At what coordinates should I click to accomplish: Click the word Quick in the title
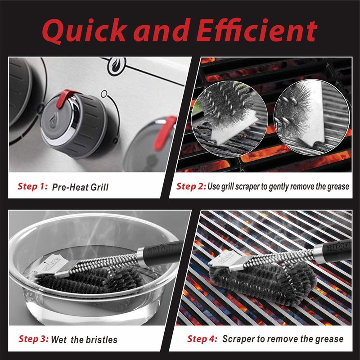coord(85,31)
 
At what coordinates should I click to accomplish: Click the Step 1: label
coord(32,186)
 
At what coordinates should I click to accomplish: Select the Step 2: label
coord(191,186)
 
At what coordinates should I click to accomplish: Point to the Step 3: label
coord(33,339)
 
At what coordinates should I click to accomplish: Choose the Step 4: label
coord(202,339)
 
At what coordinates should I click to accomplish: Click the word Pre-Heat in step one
coord(70,187)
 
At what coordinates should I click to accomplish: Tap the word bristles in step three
coord(100,340)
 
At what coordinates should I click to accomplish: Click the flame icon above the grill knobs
coord(117,66)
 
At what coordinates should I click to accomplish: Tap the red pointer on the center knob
coord(65,98)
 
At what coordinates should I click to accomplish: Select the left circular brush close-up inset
coord(229,119)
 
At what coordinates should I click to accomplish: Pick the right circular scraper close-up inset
coord(312,117)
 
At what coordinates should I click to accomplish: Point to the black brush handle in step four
coord(333,251)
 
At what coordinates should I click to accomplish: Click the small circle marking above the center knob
coord(104,94)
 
